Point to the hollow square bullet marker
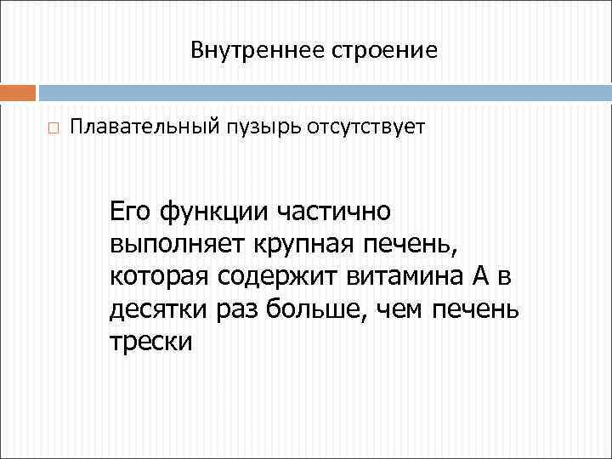pos(53,129)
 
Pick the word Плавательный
pos(142,128)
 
